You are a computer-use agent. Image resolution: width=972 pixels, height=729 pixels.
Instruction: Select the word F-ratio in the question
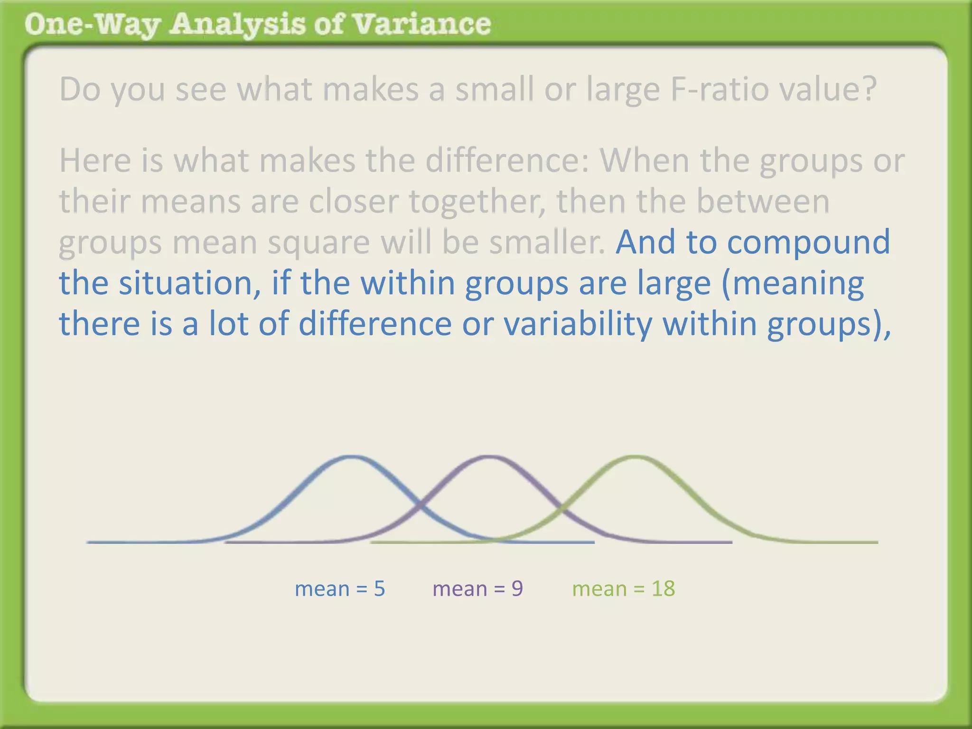(x=720, y=89)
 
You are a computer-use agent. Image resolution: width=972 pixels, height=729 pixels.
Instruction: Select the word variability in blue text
(x=578, y=324)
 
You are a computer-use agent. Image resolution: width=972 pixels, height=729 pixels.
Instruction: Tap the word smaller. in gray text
(x=547, y=242)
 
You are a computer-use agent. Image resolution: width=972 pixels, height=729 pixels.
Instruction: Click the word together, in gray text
(x=477, y=201)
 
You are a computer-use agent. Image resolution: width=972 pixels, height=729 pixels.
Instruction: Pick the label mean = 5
(x=340, y=589)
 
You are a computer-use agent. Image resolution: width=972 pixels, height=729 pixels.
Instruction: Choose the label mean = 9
(x=477, y=589)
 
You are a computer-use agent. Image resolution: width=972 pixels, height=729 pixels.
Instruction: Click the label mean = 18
(x=623, y=589)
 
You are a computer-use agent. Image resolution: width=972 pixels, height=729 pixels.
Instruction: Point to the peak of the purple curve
(x=489, y=457)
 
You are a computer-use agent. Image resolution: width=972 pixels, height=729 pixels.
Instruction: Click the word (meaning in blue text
(x=793, y=283)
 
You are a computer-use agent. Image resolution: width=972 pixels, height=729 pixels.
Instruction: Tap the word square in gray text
(x=318, y=242)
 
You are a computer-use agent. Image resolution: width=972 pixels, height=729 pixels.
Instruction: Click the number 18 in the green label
(x=663, y=589)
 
